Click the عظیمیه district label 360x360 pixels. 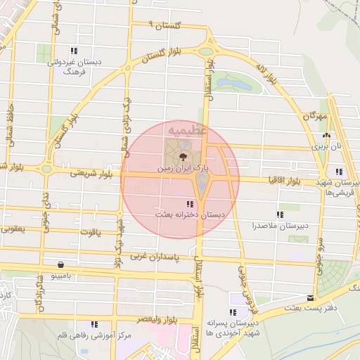186,131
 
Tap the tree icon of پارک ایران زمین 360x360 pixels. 182,157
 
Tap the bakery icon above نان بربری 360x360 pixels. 326,136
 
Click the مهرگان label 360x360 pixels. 316,114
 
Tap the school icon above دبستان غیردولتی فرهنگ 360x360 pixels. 74,51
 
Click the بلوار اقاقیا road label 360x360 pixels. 284,181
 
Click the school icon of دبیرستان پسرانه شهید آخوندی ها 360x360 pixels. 232,311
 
